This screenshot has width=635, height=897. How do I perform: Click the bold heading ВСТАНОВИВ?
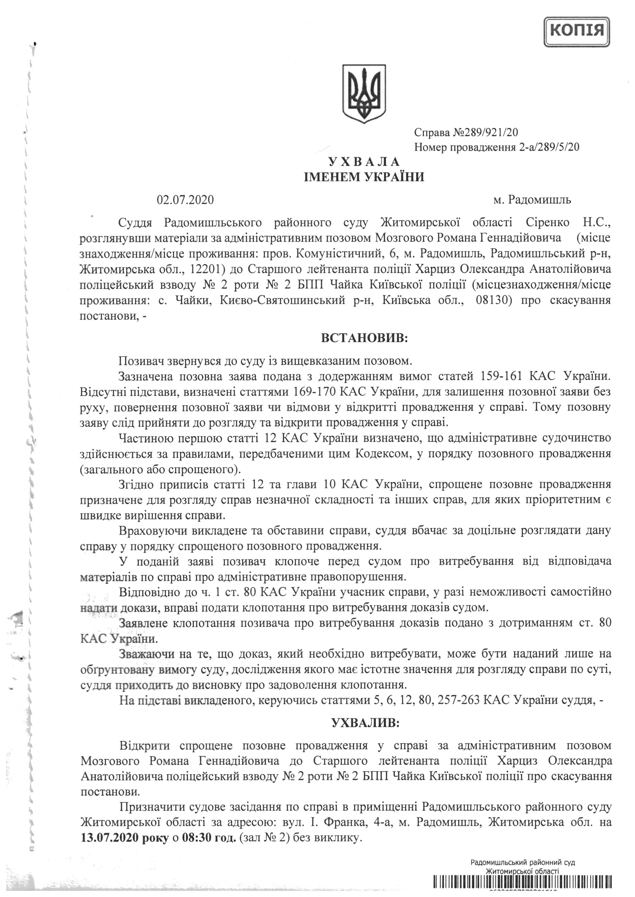[364, 338]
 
